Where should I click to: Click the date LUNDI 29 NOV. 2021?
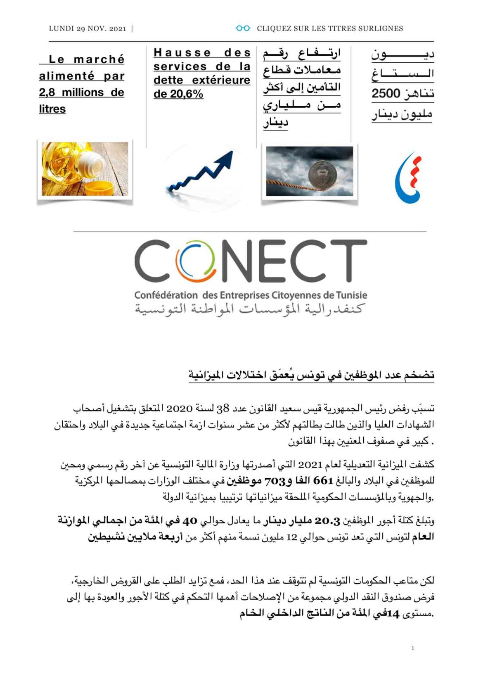(x=87, y=28)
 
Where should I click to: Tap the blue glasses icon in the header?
(x=243, y=28)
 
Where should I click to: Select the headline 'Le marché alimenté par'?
(x=82, y=68)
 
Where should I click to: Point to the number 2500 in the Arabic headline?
(x=386, y=94)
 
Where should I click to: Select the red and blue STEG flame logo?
(x=409, y=178)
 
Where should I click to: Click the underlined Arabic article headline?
(x=311, y=375)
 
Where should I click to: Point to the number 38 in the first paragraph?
(x=223, y=409)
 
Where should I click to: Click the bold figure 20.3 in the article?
(x=327, y=521)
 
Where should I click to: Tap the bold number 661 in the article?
(x=323, y=481)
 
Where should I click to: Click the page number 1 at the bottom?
(x=412, y=648)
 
